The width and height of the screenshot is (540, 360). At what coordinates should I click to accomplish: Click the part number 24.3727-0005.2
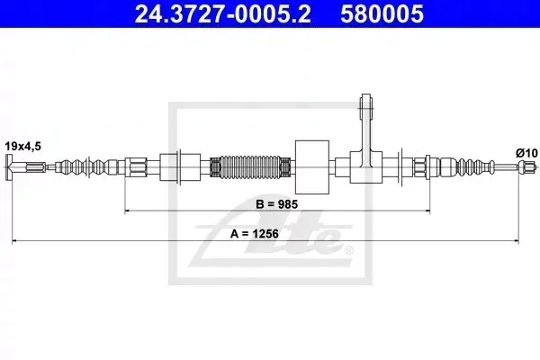pos(223,14)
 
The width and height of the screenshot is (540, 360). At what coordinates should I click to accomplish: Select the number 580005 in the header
pos(382,14)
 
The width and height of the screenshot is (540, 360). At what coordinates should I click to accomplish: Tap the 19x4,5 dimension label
pos(22,147)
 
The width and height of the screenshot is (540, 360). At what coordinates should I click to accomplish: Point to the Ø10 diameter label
pos(526,153)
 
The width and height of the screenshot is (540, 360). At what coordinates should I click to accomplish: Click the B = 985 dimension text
pos(276,204)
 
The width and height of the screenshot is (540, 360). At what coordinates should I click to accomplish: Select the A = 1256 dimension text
pos(255,234)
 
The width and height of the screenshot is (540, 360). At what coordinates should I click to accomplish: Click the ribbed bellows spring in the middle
pos(250,167)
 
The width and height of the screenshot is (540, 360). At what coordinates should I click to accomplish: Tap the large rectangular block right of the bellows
pos(312,166)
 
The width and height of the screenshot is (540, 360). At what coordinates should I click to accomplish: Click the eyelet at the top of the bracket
pos(366,103)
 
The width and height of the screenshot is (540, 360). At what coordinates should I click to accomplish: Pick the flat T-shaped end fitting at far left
pos(10,167)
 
